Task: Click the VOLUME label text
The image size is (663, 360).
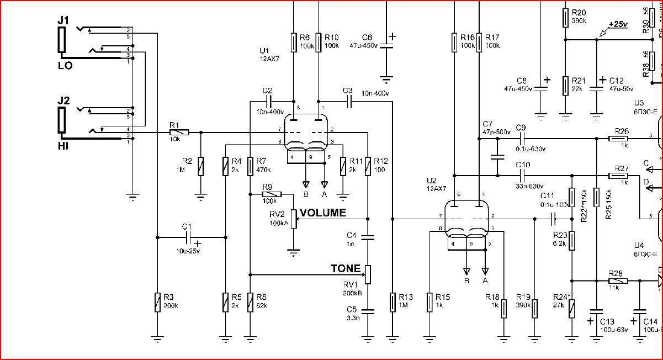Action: pos(323,213)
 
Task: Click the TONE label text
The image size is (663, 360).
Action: pos(346,269)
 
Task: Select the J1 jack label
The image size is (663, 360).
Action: pos(63,20)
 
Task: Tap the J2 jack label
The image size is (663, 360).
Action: pos(63,101)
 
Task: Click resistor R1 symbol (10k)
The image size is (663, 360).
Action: pos(179,133)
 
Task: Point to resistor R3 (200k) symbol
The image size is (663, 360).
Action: pos(157,301)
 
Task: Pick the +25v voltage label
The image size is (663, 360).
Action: pos(618,25)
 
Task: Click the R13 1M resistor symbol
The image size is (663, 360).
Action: pos(392,301)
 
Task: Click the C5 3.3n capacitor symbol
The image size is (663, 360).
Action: pos(368,311)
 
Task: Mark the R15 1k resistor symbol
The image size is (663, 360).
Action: pos(429,301)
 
